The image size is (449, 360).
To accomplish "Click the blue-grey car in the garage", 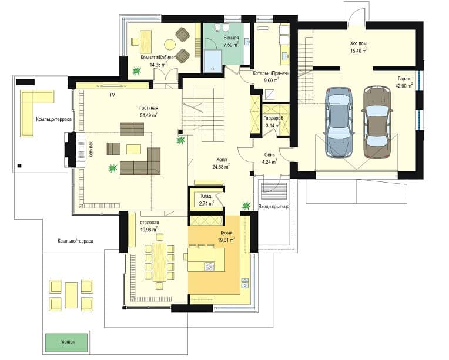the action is click(x=339, y=122).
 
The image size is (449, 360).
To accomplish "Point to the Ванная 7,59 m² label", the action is click(x=231, y=42).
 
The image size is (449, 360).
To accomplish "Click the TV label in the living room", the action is click(x=112, y=95).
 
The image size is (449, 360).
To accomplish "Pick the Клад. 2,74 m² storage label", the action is click(x=206, y=200).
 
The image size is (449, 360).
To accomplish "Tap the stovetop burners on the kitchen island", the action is click(x=209, y=267).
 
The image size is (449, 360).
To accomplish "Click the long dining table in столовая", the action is click(x=159, y=262).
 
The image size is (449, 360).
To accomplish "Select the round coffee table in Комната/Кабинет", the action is click(x=169, y=45).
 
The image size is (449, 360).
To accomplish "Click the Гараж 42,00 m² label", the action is click(x=404, y=82).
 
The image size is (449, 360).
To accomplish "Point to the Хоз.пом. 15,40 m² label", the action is click(x=359, y=47).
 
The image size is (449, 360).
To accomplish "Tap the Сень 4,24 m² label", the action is click(x=269, y=158).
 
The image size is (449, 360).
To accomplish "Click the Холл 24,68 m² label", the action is click(x=221, y=163).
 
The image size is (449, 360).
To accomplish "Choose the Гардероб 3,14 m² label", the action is click(x=272, y=122).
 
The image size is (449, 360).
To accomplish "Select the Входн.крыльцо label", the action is click(x=274, y=206).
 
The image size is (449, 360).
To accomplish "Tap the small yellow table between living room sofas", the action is click(x=134, y=149).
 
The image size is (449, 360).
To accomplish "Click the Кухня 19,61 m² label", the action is click(x=226, y=236).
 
